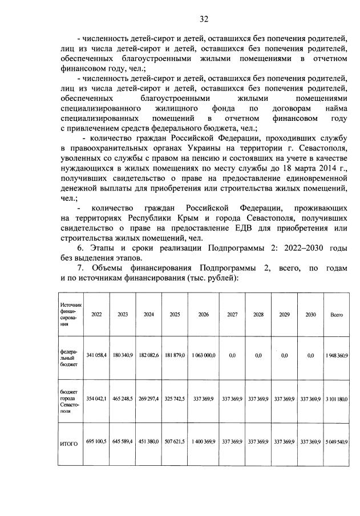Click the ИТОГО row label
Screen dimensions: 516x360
68,442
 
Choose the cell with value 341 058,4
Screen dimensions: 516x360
96,355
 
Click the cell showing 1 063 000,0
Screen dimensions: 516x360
203,355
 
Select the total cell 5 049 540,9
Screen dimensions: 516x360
337,442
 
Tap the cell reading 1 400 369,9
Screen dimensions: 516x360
203,442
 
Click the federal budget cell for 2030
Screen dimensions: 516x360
310,355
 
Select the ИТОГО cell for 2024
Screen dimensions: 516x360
149,442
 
